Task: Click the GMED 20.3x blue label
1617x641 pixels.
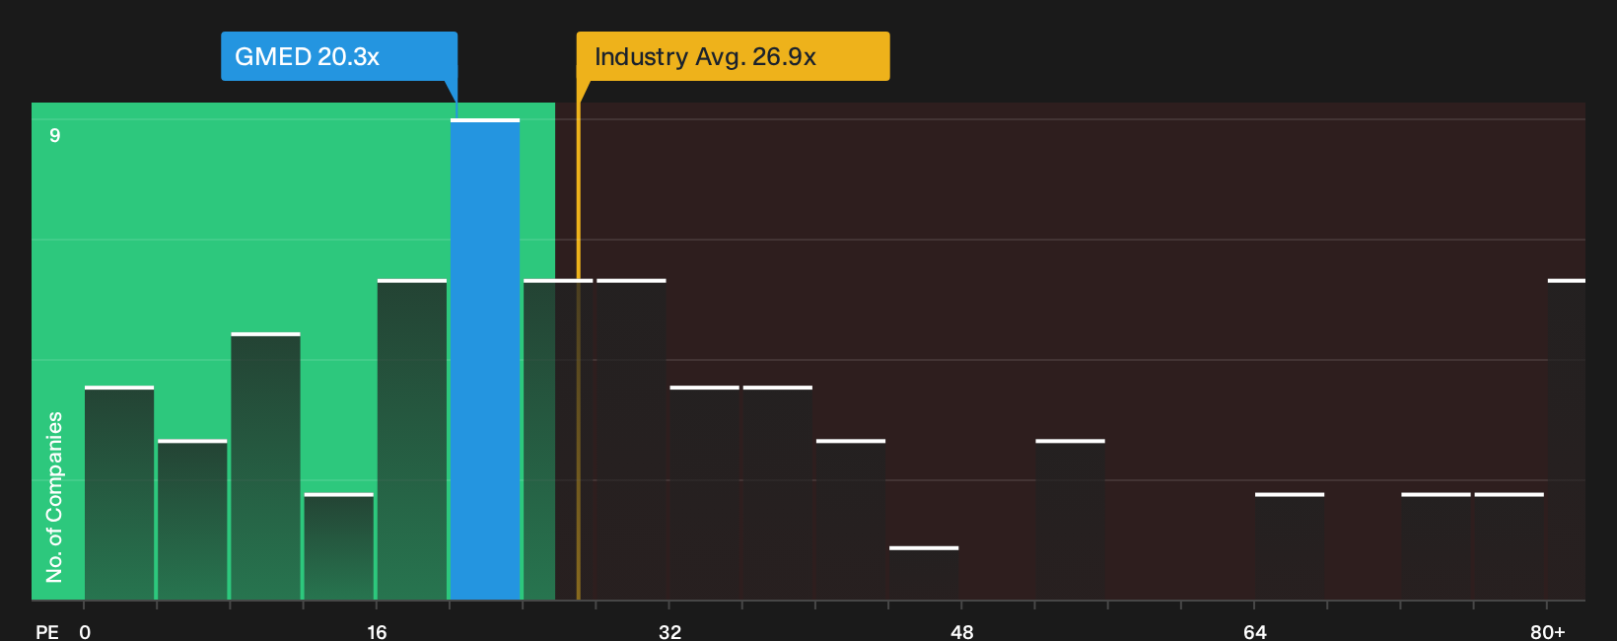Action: (338, 56)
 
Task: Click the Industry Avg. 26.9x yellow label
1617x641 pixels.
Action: (733, 56)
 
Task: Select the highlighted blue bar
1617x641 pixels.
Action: (485, 359)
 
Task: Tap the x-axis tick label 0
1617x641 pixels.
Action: (85, 632)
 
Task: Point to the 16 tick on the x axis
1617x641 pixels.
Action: (377, 632)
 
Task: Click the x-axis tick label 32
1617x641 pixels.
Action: (669, 632)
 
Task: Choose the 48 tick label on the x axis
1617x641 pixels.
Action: (961, 632)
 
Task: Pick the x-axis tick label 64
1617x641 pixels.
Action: (1254, 632)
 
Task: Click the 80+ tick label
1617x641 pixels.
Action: (1548, 632)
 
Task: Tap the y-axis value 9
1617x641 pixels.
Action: (55, 135)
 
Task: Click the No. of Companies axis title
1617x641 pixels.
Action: (54, 497)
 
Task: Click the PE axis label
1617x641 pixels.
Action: (47, 632)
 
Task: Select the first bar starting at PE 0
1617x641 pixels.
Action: (119, 493)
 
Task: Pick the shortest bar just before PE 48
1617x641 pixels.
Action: (924, 573)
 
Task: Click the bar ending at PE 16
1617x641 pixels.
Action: (338, 546)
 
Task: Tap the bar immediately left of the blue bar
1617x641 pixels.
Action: (412, 440)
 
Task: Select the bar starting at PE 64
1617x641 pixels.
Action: (1290, 546)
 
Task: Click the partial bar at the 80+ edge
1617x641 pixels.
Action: (1567, 440)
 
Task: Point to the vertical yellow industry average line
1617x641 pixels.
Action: (578, 339)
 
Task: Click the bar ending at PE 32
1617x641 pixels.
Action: (632, 440)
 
